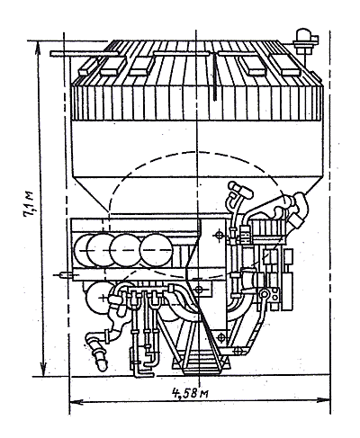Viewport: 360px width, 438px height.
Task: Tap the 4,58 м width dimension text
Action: click(190, 392)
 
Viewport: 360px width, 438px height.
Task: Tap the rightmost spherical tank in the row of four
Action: click(156, 249)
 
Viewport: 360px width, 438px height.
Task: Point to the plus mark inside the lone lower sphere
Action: click(103, 298)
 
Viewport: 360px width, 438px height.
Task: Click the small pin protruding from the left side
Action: click(62, 274)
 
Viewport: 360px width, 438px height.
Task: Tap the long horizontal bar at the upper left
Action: click(84, 54)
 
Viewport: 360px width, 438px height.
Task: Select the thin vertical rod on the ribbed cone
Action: click(215, 76)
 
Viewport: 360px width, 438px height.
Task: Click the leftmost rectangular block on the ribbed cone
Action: click(87, 67)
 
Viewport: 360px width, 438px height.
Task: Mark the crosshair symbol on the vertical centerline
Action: click(198, 290)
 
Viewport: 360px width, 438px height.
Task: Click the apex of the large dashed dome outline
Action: click(196, 152)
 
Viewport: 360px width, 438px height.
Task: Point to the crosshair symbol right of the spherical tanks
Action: click(219, 235)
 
